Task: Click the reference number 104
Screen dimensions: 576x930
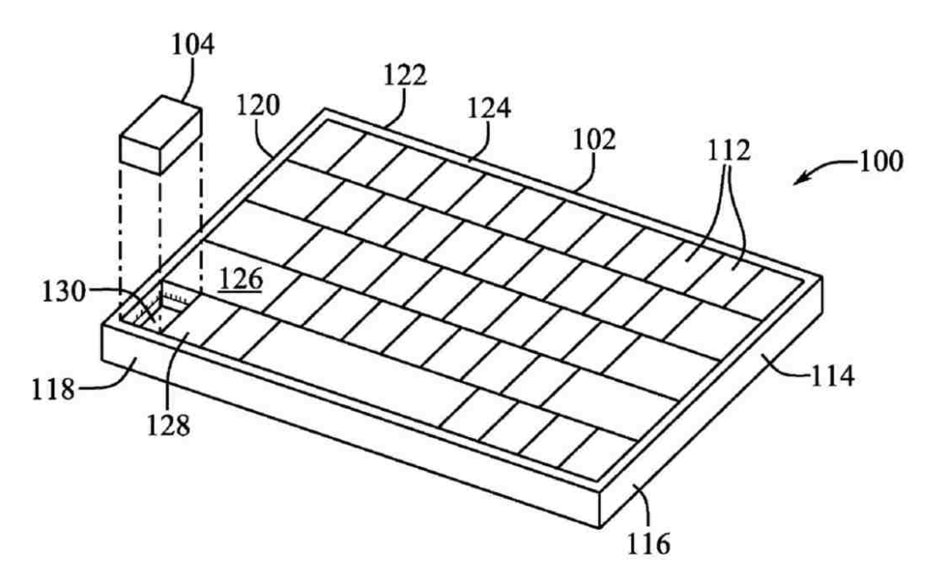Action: point(193,45)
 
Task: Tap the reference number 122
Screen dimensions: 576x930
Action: point(405,75)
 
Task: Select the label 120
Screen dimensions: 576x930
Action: point(258,105)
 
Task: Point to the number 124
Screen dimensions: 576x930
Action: point(489,108)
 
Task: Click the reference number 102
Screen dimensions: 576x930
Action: point(594,140)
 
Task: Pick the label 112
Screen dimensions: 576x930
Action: point(729,151)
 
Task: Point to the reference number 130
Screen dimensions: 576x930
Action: point(64,292)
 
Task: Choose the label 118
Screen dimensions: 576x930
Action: point(53,390)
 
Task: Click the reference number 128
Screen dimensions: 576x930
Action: point(168,426)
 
